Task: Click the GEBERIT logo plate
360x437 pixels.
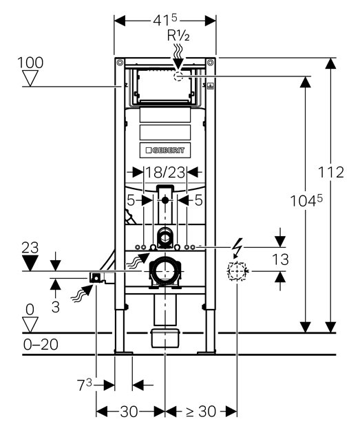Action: [165, 151]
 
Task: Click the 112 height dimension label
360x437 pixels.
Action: [331, 172]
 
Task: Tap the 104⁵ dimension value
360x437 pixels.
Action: [306, 200]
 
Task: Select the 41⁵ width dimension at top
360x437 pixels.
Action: [165, 20]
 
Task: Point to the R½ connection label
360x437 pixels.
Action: [178, 36]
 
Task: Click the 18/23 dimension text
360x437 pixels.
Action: [165, 173]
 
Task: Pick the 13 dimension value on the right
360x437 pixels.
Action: [280, 259]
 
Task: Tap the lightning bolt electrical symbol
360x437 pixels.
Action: [237, 248]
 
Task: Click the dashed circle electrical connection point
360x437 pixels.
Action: [237, 271]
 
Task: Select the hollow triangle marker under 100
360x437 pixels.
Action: [30, 78]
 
